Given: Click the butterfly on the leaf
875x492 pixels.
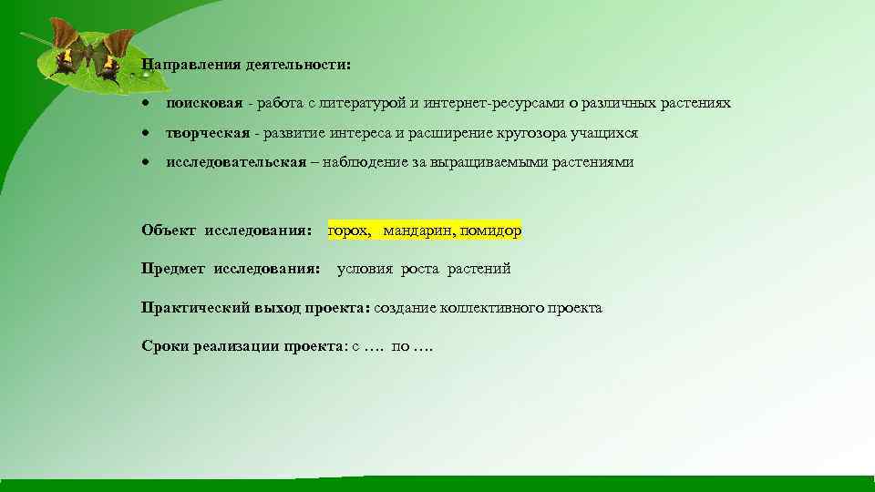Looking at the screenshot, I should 87,54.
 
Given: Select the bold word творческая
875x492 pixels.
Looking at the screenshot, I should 207,133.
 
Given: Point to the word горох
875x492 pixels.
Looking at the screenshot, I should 349,231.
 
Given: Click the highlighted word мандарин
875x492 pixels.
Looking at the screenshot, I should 419,231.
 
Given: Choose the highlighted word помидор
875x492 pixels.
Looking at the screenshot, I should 491,231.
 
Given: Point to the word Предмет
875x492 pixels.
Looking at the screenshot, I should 174,269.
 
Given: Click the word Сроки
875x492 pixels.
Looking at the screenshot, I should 165,346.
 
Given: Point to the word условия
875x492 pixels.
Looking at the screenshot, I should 365,269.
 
